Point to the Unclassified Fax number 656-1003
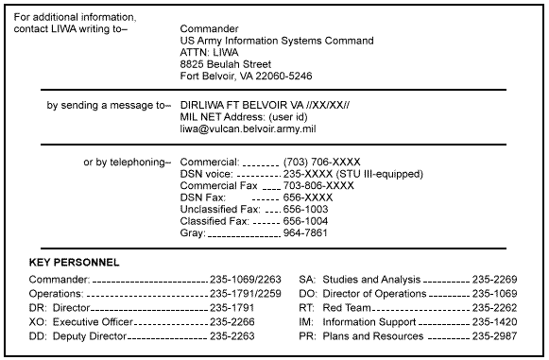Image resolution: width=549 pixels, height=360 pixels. (308, 209)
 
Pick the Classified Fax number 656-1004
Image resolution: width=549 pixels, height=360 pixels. (308, 220)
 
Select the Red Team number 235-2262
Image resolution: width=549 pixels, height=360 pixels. (495, 307)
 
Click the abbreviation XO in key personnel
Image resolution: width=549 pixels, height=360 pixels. (37, 321)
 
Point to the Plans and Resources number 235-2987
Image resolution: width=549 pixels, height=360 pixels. (495, 335)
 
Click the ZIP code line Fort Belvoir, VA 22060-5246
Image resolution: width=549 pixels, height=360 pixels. (246, 76)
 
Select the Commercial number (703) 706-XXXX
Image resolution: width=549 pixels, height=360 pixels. (321, 163)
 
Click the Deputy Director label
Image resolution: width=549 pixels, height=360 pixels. (88, 335)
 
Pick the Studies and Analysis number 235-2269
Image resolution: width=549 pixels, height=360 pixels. (495, 281)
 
